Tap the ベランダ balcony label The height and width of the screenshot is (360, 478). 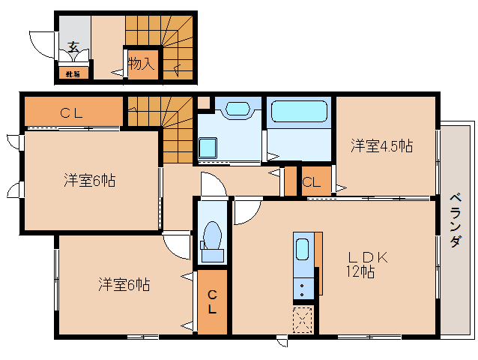455,221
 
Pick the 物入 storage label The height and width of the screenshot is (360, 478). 141,64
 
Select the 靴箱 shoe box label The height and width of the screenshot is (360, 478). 73,73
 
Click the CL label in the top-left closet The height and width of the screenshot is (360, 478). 71,113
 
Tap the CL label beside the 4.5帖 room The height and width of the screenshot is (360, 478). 312,181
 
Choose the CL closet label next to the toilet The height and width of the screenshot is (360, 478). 212,301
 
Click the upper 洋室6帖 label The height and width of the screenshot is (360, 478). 89,180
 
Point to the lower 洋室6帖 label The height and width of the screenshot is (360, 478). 124,285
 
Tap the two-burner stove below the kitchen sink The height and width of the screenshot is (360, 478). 303,289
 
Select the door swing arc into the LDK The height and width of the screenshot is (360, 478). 245,212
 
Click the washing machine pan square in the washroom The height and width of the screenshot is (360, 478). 208,148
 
